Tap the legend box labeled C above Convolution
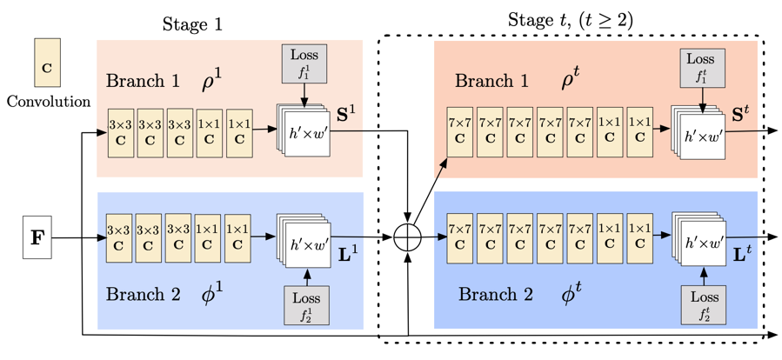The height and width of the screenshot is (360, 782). click(x=46, y=63)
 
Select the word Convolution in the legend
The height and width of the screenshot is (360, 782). click(x=47, y=101)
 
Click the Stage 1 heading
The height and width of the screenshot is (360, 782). click(x=193, y=23)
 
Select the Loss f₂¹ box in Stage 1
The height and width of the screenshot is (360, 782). click(x=305, y=305)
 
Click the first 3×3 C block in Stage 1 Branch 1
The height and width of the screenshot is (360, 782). click(x=120, y=132)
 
